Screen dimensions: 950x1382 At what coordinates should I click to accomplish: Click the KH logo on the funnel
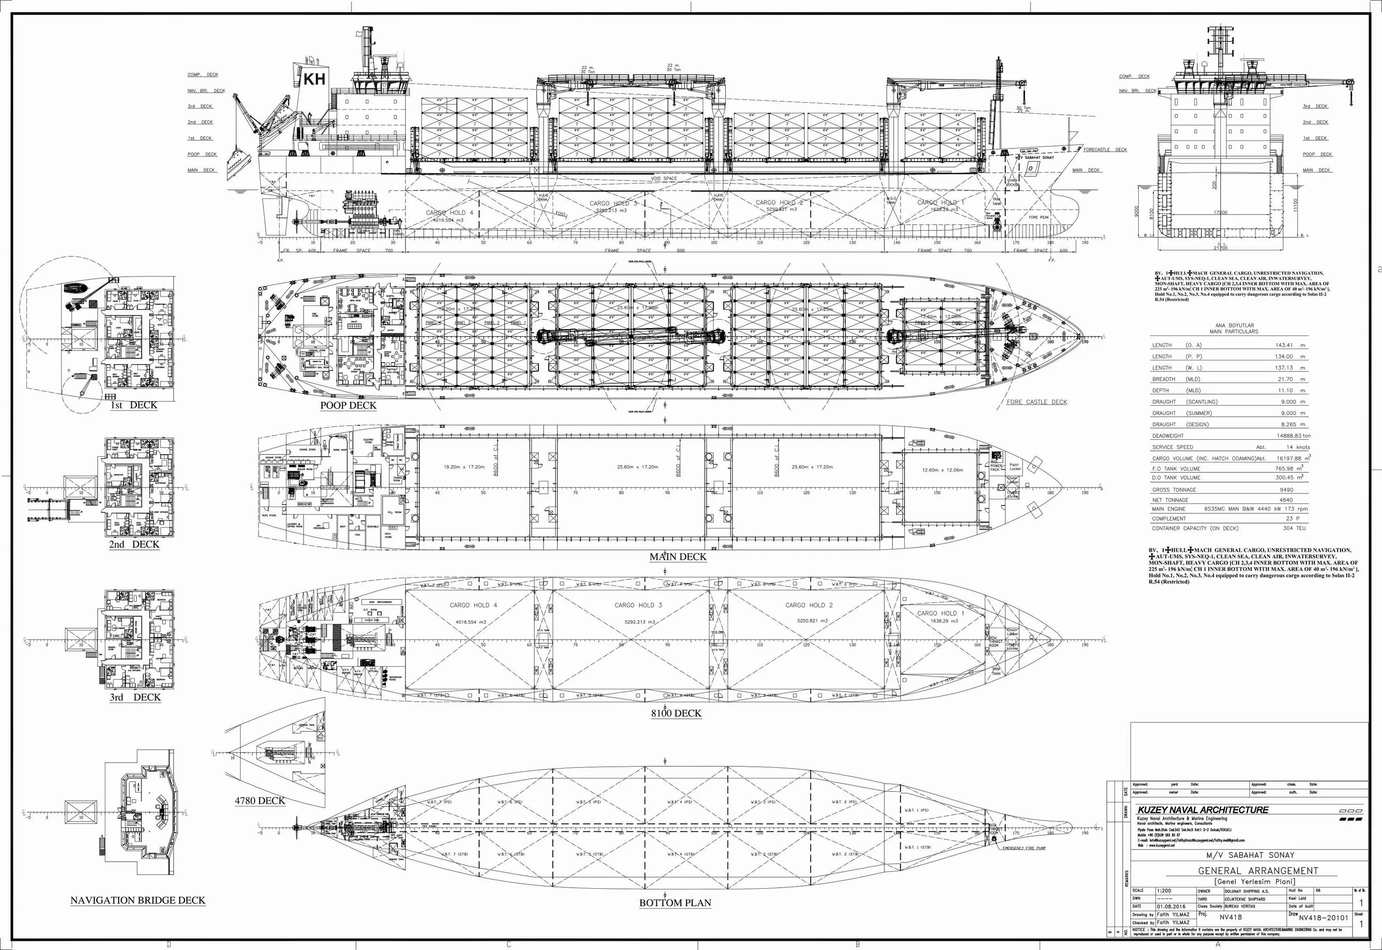click(314, 79)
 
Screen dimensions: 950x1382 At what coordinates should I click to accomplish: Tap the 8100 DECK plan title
click(676, 713)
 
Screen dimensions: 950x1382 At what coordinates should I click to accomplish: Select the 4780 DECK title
click(260, 801)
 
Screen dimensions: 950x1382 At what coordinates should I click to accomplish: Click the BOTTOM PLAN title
click(675, 903)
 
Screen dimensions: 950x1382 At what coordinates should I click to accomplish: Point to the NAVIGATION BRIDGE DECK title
click(138, 900)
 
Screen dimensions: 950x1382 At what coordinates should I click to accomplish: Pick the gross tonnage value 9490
click(1286, 490)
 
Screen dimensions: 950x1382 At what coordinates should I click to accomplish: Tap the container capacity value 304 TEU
click(1294, 528)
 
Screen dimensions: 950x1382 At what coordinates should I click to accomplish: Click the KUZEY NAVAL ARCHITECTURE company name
click(1203, 810)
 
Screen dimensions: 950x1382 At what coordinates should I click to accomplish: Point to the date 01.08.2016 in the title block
click(1172, 906)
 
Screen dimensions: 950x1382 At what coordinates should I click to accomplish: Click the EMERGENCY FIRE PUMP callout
click(1024, 848)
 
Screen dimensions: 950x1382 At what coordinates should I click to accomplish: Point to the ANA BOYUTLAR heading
click(1234, 326)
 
